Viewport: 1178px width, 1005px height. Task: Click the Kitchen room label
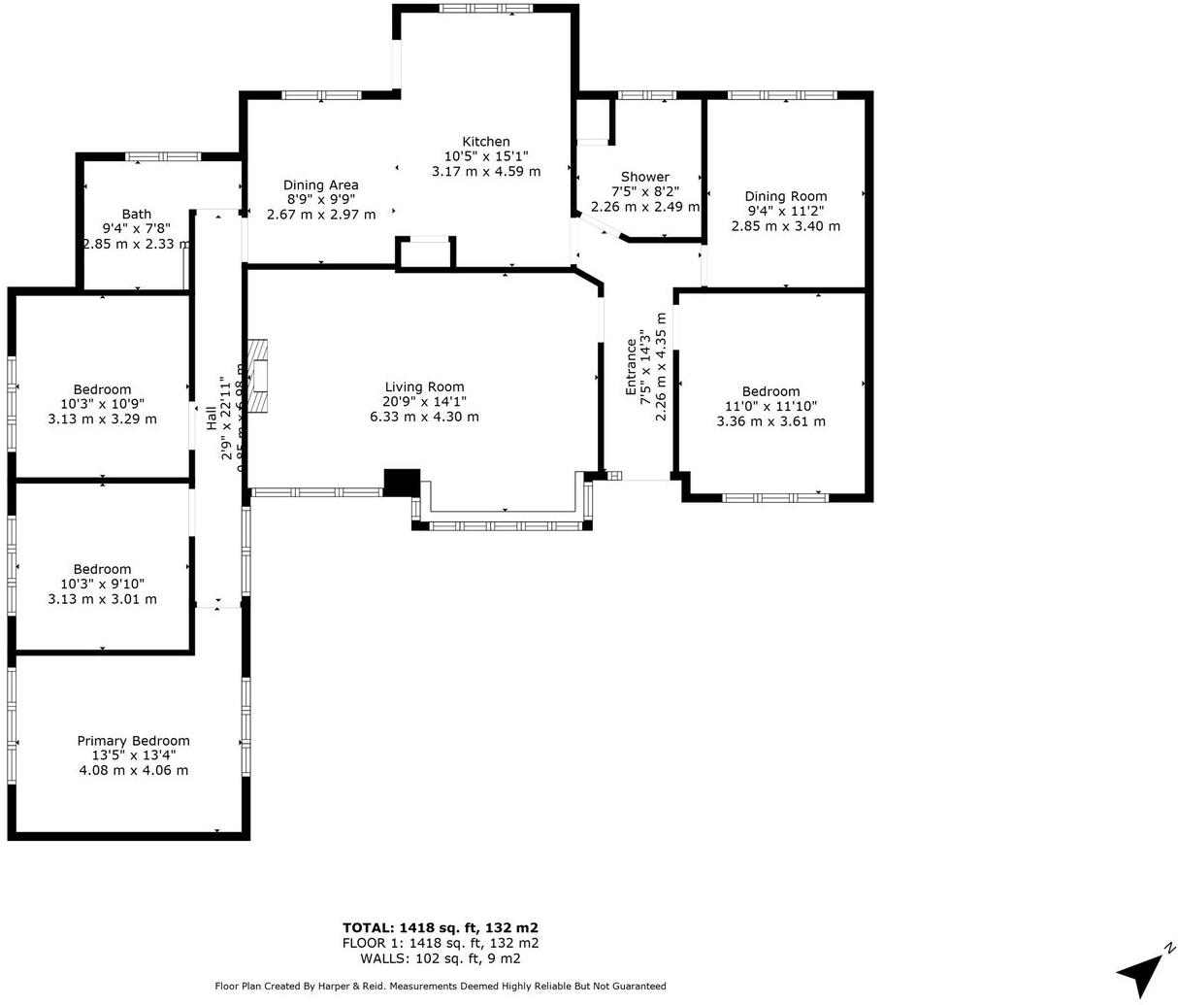tap(485, 142)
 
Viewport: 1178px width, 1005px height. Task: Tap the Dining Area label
tap(320, 185)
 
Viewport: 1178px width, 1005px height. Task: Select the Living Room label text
tap(424, 387)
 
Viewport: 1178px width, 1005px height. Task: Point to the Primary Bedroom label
tap(133, 741)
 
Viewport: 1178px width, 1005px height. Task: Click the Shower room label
tap(644, 177)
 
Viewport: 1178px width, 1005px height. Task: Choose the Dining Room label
tap(785, 196)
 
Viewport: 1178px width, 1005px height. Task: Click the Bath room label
tap(137, 215)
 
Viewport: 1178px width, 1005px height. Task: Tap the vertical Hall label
tap(212, 419)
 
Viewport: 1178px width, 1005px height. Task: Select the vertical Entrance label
tap(632, 366)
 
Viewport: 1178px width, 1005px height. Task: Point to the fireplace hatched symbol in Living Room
tap(258, 377)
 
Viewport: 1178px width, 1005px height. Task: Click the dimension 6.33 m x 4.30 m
tap(424, 417)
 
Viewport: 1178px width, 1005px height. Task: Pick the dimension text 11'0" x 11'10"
tap(770, 407)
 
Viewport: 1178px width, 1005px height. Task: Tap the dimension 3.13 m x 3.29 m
tap(102, 419)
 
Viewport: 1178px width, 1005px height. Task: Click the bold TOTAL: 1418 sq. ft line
tap(440, 927)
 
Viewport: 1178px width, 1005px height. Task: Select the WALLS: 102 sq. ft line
tap(440, 958)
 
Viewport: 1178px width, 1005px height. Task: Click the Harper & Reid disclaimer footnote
tap(440, 987)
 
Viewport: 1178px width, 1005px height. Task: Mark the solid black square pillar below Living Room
tap(402, 483)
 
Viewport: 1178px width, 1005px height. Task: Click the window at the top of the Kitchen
tap(485, 9)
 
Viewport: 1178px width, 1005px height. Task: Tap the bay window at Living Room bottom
tap(503, 525)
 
